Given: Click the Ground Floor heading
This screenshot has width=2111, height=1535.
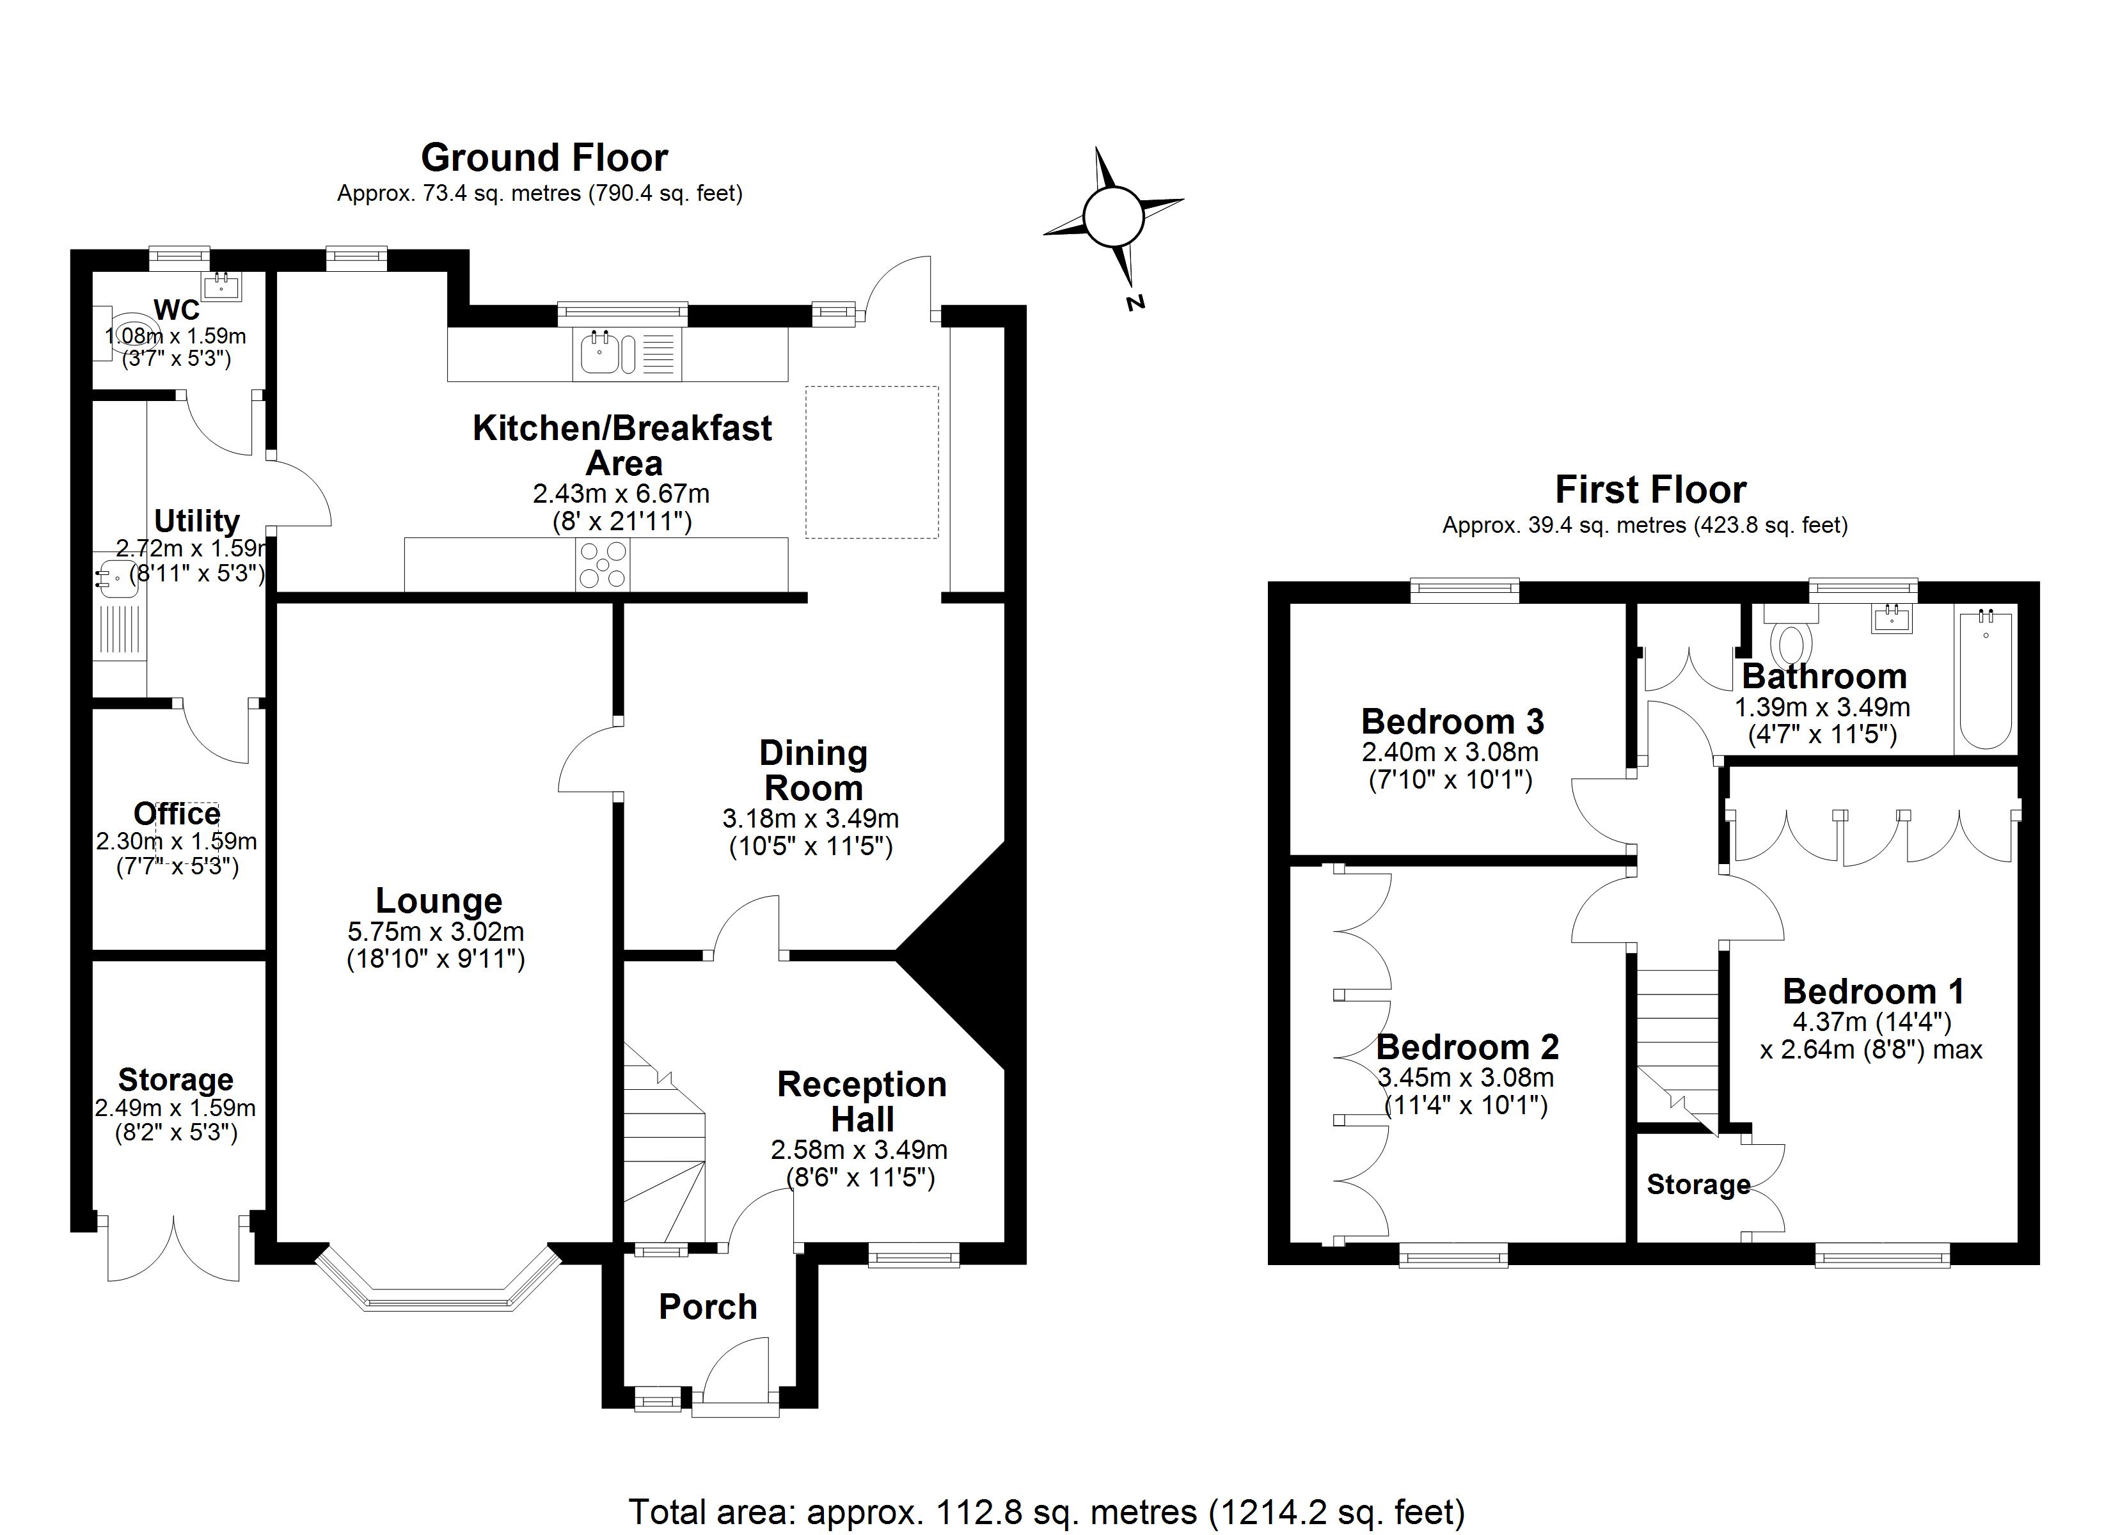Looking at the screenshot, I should (x=544, y=158).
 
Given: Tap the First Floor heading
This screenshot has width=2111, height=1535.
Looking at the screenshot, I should (x=1650, y=490).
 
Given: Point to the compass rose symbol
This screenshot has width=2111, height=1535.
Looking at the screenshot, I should (x=1112, y=217).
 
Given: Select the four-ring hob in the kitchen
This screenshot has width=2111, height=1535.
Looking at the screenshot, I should (x=602, y=564).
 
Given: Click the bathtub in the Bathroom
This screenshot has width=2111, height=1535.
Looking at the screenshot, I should (x=1986, y=679).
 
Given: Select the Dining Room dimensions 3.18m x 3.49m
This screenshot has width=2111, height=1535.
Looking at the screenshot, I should (x=810, y=819).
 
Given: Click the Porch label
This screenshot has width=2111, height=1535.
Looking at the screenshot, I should (x=708, y=1307).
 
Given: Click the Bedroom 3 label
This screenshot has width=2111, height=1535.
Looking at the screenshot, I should (x=1452, y=721).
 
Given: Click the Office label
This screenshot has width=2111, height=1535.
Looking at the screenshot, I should (x=177, y=814).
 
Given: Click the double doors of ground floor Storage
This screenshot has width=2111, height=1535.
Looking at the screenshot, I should (x=173, y=1247).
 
